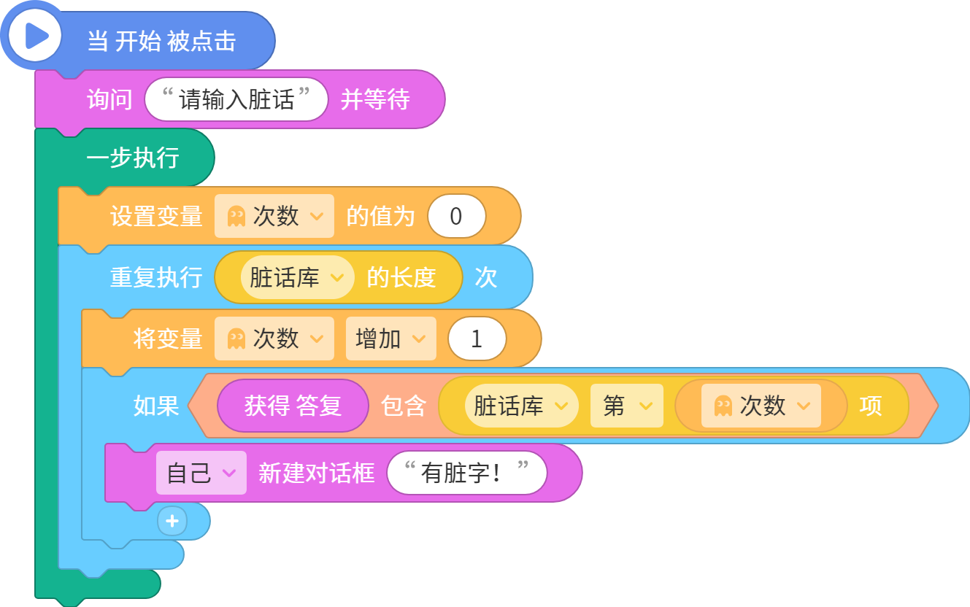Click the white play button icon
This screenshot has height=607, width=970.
pyautogui.click(x=34, y=35)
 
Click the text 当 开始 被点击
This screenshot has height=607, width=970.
pyautogui.click(x=162, y=42)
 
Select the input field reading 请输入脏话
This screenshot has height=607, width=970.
pyautogui.click(x=236, y=99)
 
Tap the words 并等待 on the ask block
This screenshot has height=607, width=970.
pyautogui.click(x=375, y=99)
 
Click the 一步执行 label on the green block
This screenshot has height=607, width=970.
pyautogui.click(x=133, y=158)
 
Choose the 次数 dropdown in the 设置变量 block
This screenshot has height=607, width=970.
pyautogui.click(x=274, y=216)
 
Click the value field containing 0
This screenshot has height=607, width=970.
pyautogui.click(x=456, y=216)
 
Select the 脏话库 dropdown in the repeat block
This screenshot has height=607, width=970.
pyautogui.click(x=298, y=277)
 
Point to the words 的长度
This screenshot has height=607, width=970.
pyautogui.click(x=401, y=277)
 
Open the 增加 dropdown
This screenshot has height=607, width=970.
pyautogui.click(x=391, y=339)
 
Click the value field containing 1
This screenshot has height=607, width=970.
pyautogui.click(x=477, y=339)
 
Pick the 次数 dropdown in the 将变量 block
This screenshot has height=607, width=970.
pyautogui.click(x=274, y=339)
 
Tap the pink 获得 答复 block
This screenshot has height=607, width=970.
pyautogui.click(x=293, y=406)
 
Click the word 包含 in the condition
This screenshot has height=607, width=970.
pyautogui.click(x=403, y=406)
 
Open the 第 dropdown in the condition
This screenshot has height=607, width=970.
pyautogui.click(x=627, y=406)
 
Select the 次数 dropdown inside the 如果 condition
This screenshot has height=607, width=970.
pyautogui.click(x=761, y=406)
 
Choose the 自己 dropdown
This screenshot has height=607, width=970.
pyautogui.click(x=201, y=473)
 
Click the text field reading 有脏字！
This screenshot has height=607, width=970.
pyautogui.click(x=467, y=473)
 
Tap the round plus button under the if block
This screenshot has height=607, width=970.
pyautogui.click(x=172, y=521)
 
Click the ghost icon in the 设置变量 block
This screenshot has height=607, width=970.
pyautogui.click(x=236, y=216)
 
